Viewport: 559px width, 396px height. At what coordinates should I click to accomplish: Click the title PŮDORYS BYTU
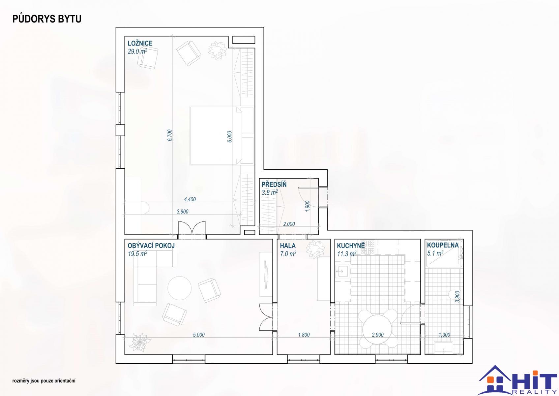coord(47,19)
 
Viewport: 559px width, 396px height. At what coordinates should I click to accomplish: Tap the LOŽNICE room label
coord(140,43)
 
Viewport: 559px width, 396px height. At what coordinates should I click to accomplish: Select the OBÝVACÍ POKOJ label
coord(151,246)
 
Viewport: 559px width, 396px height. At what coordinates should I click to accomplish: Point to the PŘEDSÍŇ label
coord(274,184)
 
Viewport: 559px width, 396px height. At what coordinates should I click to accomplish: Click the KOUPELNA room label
coord(443,245)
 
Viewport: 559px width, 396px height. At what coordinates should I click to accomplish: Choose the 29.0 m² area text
coord(137,51)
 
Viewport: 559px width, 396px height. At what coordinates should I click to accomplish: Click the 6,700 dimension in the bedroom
coord(170,135)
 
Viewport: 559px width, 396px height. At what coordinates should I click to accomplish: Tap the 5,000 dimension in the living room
coord(199,335)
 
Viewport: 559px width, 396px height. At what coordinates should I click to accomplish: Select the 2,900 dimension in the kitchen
coord(378,335)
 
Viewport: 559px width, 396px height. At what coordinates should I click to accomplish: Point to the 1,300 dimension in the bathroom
coord(444,335)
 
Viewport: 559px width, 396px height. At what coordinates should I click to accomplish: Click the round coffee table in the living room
coord(179,288)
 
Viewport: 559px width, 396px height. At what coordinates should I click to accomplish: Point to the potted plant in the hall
coord(315,249)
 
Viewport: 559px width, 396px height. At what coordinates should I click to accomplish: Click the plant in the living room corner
coord(139,342)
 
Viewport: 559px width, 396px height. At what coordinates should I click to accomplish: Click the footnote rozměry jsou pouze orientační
coord(44,381)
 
